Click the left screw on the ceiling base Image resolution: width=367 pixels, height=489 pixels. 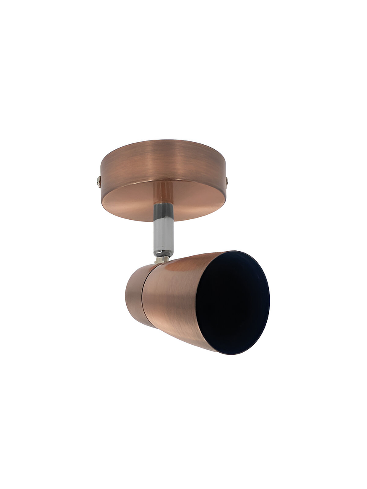point(99,181)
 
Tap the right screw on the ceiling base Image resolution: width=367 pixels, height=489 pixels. point(227,181)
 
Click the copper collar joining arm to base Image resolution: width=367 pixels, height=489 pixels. point(163,191)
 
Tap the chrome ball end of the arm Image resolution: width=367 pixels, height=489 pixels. point(163,253)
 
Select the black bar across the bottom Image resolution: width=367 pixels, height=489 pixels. point(183,458)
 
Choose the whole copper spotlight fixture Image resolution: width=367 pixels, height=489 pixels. point(185,247)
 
